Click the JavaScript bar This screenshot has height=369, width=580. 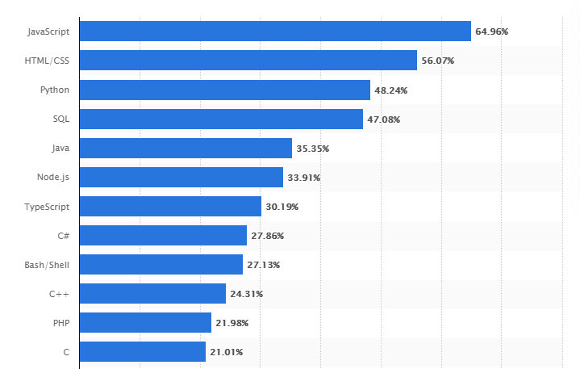[275, 31]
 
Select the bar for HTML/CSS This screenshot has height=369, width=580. [248, 61]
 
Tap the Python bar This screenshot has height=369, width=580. [225, 90]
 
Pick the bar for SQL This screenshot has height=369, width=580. [221, 119]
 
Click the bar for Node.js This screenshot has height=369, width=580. [182, 178]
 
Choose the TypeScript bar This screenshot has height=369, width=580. [170, 207]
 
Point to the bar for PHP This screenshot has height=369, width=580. [145, 323]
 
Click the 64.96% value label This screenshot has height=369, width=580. [492, 31]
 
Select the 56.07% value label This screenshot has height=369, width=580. [438, 61]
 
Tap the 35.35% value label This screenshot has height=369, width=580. [313, 149]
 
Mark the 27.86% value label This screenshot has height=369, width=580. [268, 236]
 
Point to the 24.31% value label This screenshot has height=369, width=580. [246, 294]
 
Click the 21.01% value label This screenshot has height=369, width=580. [227, 352]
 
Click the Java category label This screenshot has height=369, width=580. [59, 149]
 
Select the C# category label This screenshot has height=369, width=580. [62, 236]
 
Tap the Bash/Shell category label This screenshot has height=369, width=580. [48, 265]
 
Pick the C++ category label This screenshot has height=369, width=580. [59, 294]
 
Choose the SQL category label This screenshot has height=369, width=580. [61, 119]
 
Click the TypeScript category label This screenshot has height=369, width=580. [47, 207]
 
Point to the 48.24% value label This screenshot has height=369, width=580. [391, 90]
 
